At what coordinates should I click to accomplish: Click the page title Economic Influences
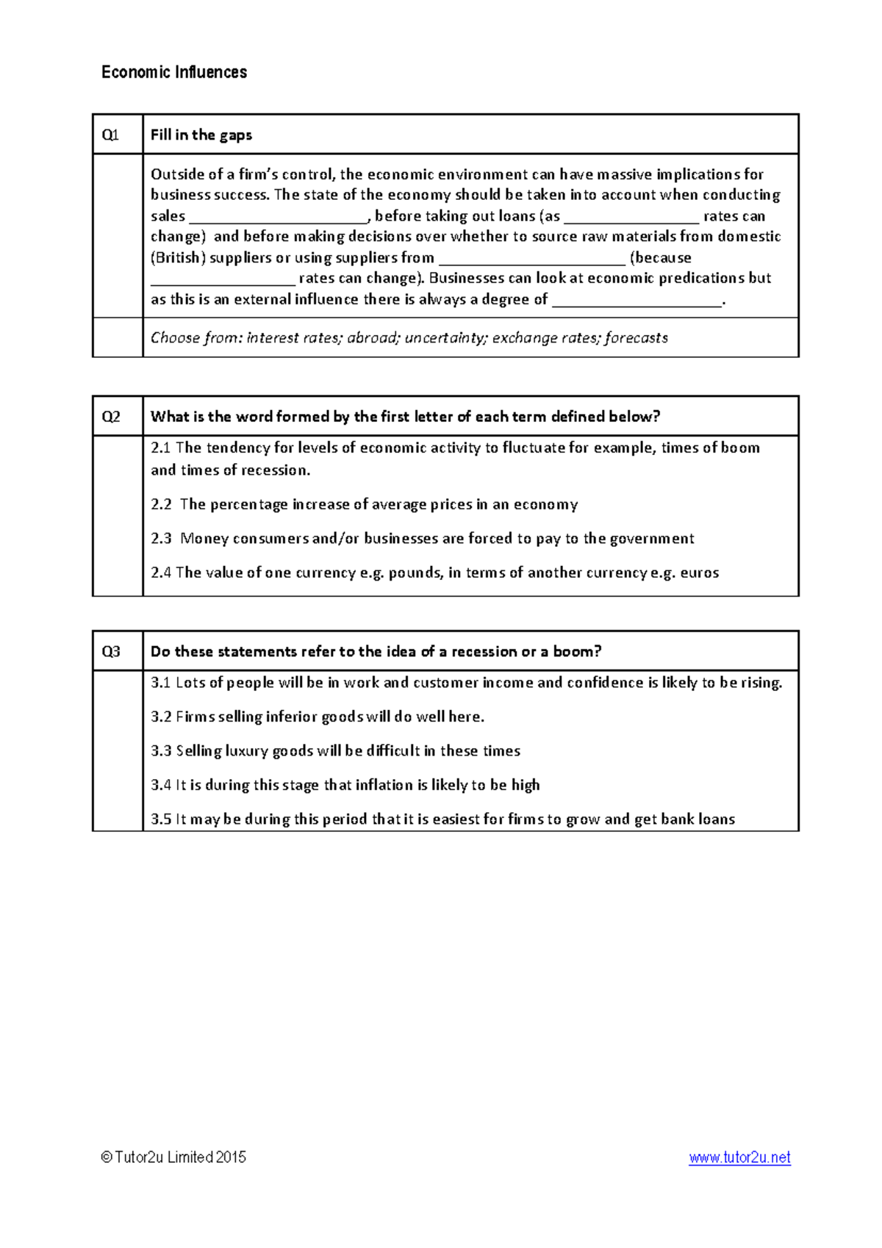(174, 72)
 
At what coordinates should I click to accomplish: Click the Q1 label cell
(111, 135)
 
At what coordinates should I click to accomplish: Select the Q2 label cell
(111, 417)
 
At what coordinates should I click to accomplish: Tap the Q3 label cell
(111, 651)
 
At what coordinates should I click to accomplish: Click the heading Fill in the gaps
(201, 135)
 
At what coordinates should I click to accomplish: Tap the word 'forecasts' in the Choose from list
(636, 338)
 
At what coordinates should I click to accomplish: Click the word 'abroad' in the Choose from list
(372, 338)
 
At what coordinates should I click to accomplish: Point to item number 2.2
(161, 504)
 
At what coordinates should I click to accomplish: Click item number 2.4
(161, 573)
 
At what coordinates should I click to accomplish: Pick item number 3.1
(161, 683)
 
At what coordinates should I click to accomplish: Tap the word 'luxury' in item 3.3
(246, 751)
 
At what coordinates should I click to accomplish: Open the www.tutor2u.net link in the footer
(739, 1158)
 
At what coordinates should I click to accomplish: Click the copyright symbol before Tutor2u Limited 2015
(107, 1158)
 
